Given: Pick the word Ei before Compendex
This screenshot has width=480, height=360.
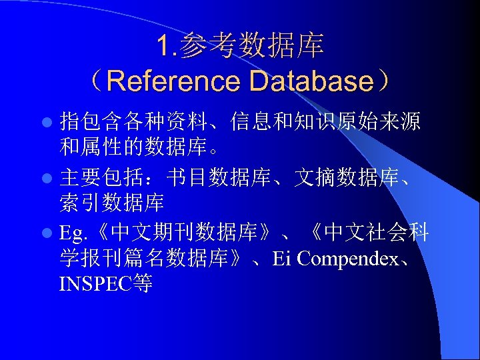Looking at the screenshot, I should (282, 259).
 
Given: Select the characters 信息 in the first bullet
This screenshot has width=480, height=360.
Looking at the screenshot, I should (252, 122).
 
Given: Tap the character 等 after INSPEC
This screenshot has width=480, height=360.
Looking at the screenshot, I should (143, 285).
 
